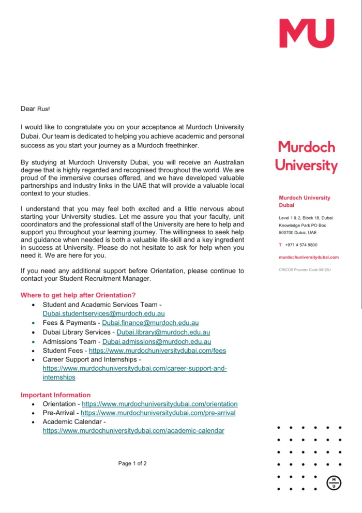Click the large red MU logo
point(307,34)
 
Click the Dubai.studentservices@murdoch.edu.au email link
point(103,313)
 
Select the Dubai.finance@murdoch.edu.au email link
point(150,323)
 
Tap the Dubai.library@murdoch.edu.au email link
point(163,333)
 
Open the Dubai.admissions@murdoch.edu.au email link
point(157,342)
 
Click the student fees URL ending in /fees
point(157,351)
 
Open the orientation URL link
point(159,404)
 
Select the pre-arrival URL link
point(158,413)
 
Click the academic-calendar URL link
point(133,431)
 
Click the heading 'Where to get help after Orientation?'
point(78,295)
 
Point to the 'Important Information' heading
point(55,395)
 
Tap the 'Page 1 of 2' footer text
point(132,463)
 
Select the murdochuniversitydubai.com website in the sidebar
point(309,257)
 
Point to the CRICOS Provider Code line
point(305,270)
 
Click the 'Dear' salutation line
point(35,109)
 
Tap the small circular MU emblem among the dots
point(334,483)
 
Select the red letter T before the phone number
point(280,245)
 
